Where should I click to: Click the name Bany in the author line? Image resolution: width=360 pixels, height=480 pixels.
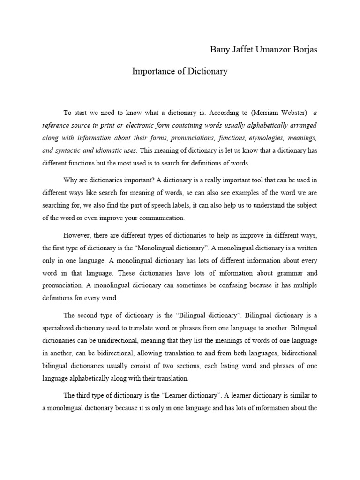[x=217, y=50]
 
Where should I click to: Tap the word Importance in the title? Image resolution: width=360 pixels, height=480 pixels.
[x=152, y=72]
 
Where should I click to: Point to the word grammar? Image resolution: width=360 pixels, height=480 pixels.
[x=279, y=272]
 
